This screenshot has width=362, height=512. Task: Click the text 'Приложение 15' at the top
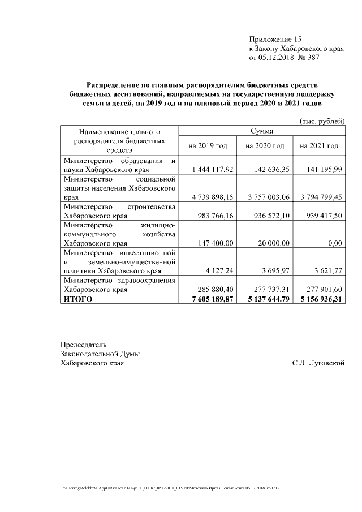click(x=275, y=39)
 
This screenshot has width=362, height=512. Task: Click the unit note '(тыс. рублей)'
click(x=321, y=122)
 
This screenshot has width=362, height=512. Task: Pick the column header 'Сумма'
click(x=262, y=131)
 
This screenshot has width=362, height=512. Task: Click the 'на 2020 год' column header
click(x=264, y=146)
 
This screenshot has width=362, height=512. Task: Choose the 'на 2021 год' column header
click(x=319, y=146)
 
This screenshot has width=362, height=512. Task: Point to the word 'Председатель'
click(x=83, y=345)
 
